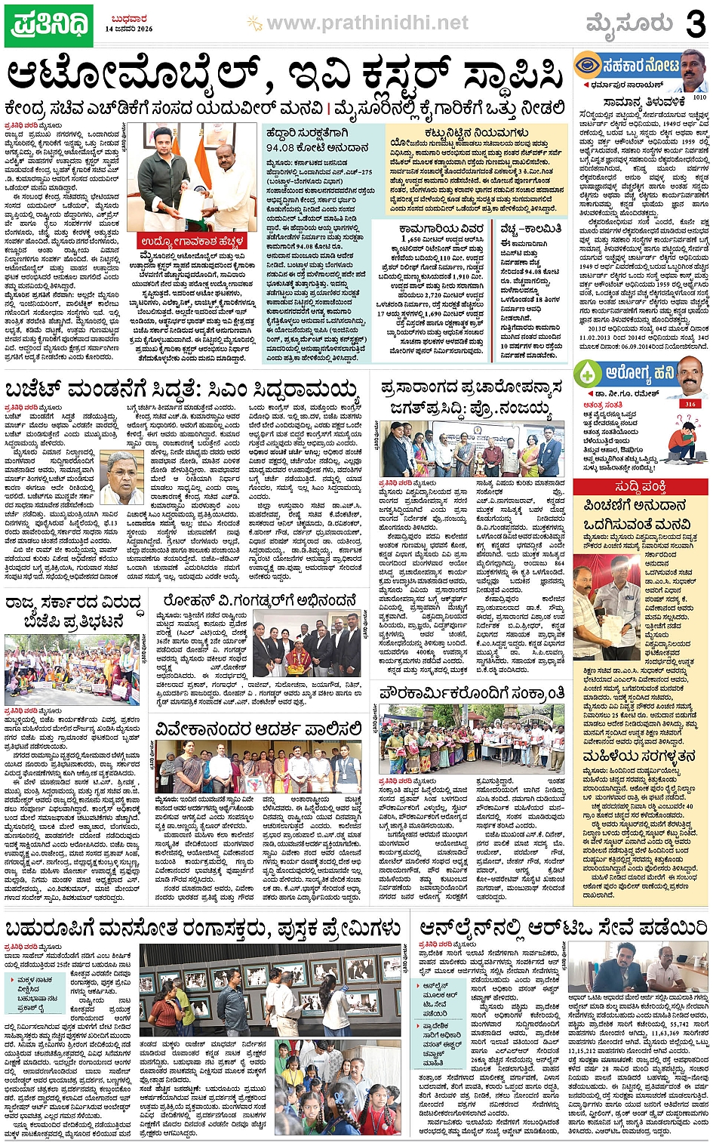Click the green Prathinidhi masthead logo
tap(50, 25)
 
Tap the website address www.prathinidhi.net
tap(367, 23)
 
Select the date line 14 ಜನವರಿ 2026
tap(129, 29)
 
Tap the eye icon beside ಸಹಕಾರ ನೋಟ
tap(588, 66)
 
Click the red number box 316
tap(689, 404)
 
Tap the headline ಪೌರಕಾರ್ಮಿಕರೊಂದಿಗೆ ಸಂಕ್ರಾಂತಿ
tap(473, 693)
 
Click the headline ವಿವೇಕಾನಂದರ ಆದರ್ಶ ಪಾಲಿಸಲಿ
tap(259, 729)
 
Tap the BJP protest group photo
tap(73, 670)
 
